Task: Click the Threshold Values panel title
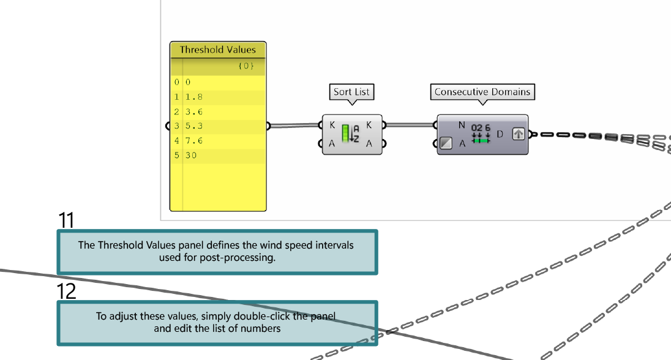click(218, 50)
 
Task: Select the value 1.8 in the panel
click(194, 97)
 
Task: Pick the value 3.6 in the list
click(194, 112)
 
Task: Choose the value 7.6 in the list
click(194, 141)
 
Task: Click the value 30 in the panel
click(192, 156)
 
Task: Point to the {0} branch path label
click(246, 66)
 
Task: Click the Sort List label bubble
click(352, 92)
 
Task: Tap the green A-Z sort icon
click(350, 133)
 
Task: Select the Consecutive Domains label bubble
click(482, 92)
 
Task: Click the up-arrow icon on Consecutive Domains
click(518, 133)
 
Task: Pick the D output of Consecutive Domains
click(500, 133)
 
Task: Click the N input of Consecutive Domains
click(462, 125)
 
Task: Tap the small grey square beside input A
click(446, 143)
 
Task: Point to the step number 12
click(67, 291)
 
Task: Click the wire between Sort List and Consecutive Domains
click(410, 125)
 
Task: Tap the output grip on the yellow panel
click(268, 127)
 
